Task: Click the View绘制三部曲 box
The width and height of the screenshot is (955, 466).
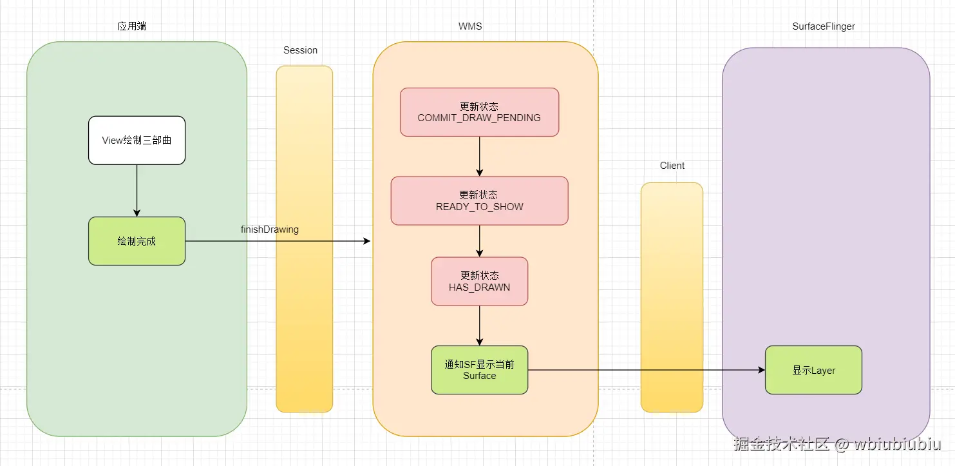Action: pos(137,140)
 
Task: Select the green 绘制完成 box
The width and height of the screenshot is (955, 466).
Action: pos(137,241)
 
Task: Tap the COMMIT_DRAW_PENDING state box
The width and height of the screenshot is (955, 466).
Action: pos(479,112)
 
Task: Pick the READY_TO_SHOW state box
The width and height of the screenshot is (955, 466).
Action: pos(479,200)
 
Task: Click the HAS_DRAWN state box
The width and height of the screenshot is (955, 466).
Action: pos(479,281)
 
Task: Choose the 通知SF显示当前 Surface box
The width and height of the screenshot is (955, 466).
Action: pos(479,370)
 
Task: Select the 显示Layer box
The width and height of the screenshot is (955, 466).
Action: pos(813,370)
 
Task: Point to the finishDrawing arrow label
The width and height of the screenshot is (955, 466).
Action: pos(269,229)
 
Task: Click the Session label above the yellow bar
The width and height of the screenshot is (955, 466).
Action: pos(300,50)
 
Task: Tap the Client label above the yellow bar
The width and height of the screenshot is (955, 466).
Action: pos(672,166)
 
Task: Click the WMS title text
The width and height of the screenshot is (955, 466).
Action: pos(470,26)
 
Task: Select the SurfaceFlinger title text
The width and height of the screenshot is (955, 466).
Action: pos(823,26)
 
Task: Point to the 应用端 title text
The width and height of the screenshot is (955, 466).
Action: pos(131,26)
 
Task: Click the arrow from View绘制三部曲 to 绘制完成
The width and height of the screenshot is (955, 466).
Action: pos(137,190)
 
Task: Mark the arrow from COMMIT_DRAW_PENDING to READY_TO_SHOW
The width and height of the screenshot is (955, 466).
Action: pos(479,156)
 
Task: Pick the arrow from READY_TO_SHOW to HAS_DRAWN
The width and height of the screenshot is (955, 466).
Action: pos(479,241)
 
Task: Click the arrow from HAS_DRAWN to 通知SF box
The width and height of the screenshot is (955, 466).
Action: pos(479,325)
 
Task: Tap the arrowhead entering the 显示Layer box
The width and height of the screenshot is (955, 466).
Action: pos(761,370)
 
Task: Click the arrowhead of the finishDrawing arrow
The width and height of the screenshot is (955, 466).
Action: pos(367,241)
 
